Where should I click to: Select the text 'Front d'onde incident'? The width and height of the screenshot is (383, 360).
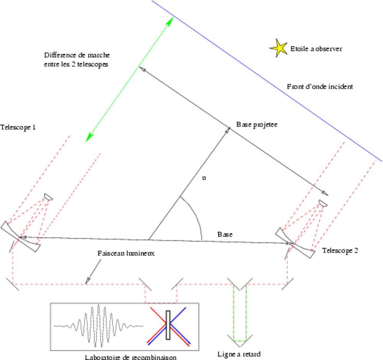[x=320, y=87]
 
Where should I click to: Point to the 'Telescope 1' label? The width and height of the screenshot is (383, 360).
[x=18, y=127]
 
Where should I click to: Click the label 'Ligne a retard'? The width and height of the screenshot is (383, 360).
[x=239, y=354]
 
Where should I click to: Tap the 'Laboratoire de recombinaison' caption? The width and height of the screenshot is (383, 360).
[x=131, y=357]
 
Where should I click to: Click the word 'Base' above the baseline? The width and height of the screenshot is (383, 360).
[x=225, y=234]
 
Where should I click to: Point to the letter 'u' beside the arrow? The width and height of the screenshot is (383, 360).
[x=204, y=178]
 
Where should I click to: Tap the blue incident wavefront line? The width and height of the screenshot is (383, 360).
[x=268, y=80]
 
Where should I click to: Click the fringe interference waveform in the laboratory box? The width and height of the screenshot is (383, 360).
[x=98, y=326]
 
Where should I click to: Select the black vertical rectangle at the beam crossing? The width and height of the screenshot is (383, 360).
[x=168, y=325]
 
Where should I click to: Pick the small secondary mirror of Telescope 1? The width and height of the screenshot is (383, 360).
[x=48, y=197]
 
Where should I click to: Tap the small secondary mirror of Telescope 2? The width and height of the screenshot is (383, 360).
[x=323, y=203]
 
